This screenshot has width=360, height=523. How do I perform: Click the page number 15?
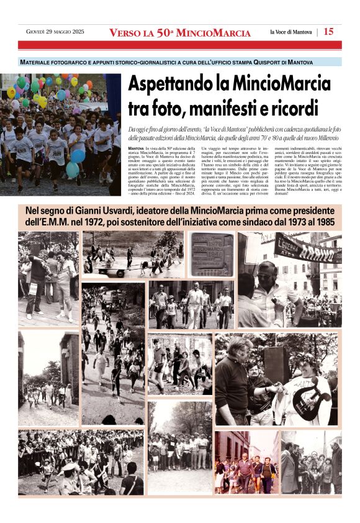click(x=328, y=32)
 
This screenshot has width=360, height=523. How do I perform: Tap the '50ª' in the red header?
click(x=164, y=32)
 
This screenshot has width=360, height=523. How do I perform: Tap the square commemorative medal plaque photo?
click(x=211, y=253)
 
